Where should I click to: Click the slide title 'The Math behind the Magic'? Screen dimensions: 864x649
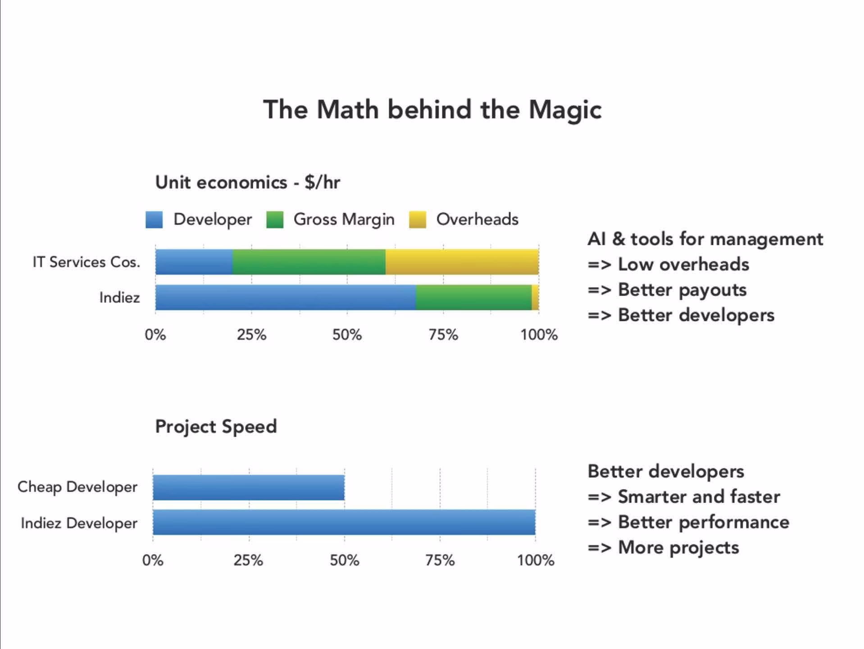pos(432,110)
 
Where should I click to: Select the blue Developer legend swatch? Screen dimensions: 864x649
pos(154,220)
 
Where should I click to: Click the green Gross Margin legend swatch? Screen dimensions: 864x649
pos(274,220)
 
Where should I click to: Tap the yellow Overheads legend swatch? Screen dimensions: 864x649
pos(418,220)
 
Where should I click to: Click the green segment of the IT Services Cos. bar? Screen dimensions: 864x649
pos(309,262)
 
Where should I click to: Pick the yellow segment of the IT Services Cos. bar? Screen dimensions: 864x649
pos(462,262)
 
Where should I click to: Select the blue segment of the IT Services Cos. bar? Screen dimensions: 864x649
pos(194,262)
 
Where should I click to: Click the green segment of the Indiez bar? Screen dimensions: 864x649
pos(473,297)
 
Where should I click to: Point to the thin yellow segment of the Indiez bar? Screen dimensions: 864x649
pos(535,297)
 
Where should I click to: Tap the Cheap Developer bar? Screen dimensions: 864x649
pos(249,488)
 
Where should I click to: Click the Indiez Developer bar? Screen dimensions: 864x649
pos(344,522)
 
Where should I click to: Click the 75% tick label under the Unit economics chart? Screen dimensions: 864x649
pos(443,335)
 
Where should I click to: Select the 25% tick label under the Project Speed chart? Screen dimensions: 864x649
pos(248,560)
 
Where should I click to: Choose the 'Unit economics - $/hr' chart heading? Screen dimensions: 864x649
pos(247,183)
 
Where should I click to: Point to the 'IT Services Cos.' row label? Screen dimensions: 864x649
pos(86,262)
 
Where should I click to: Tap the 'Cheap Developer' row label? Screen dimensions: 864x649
pos(77,487)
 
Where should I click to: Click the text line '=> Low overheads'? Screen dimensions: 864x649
pos(668,264)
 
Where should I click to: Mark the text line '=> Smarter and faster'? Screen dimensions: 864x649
pos(684,497)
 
